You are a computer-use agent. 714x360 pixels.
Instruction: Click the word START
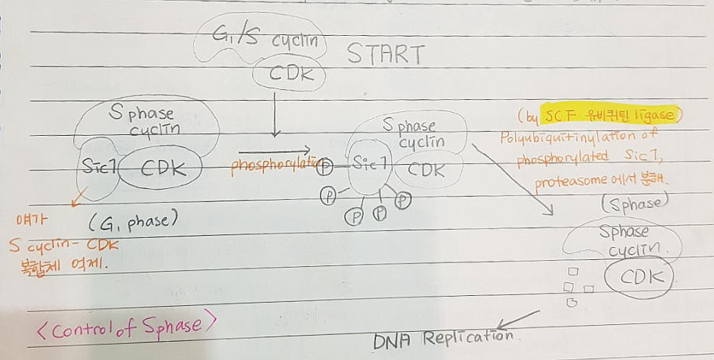click(384, 55)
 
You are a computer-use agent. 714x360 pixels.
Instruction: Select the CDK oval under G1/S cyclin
click(288, 74)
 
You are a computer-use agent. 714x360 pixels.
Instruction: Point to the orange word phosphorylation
click(275, 162)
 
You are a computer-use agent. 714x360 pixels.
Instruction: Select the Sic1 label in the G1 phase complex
click(98, 166)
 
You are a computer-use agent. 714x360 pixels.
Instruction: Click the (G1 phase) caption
click(133, 224)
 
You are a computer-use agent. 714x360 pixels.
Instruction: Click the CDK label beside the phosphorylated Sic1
click(426, 169)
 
